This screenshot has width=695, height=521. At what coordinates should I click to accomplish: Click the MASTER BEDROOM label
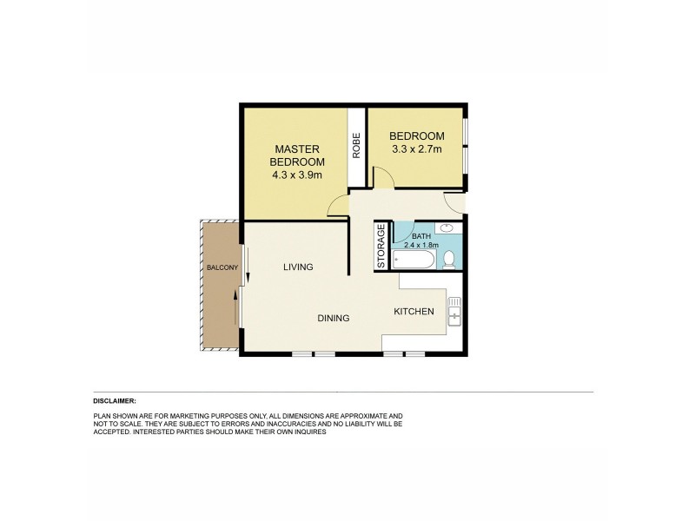point(297,155)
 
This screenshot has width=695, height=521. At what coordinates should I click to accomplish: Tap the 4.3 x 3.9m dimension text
point(297,175)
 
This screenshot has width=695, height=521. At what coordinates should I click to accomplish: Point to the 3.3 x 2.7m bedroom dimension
point(416,149)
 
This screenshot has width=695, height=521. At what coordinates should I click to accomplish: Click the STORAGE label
point(381,247)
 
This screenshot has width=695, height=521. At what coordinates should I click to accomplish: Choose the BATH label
point(421,236)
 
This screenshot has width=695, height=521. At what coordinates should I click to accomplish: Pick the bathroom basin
point(446,228)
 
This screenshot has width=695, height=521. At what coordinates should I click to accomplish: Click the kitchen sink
point(453,310)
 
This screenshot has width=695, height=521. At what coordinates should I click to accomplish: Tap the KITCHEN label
point(414,312)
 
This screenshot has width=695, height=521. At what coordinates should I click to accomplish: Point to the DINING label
point(333,319)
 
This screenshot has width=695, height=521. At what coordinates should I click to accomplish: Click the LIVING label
point(298,267)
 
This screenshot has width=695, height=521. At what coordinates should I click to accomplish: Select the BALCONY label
point(221,267)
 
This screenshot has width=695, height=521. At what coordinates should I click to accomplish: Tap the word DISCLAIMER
point(115,401)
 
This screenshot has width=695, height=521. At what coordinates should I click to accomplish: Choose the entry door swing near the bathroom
point(453,201)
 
